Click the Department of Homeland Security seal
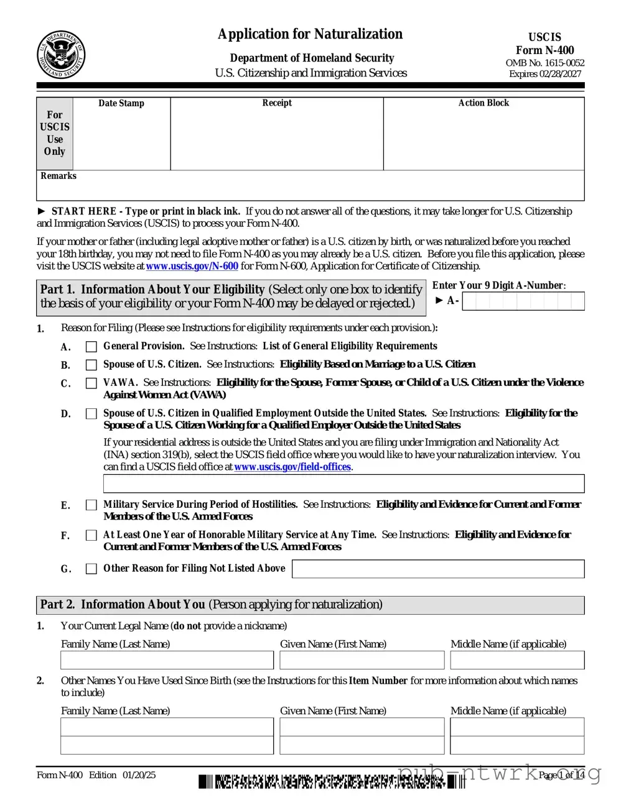[60, 55]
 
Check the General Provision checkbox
[91, 347]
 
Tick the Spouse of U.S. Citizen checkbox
[91, 365]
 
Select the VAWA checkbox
[91, 383]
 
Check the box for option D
[91, 414]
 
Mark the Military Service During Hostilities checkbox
[91, 505]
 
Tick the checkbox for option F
[91, 535]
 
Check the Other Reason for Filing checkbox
[91, 569]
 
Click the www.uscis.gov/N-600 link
[192, 266]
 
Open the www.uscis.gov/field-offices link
[292, 467]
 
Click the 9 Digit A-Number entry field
[523, 301]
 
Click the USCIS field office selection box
[343, 484]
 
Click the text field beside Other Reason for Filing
[438, 569]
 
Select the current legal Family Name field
[167, 660]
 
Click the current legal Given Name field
[362, 660]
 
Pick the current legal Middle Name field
[517, 660]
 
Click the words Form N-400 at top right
[544, 50]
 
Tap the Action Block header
[483, 103]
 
